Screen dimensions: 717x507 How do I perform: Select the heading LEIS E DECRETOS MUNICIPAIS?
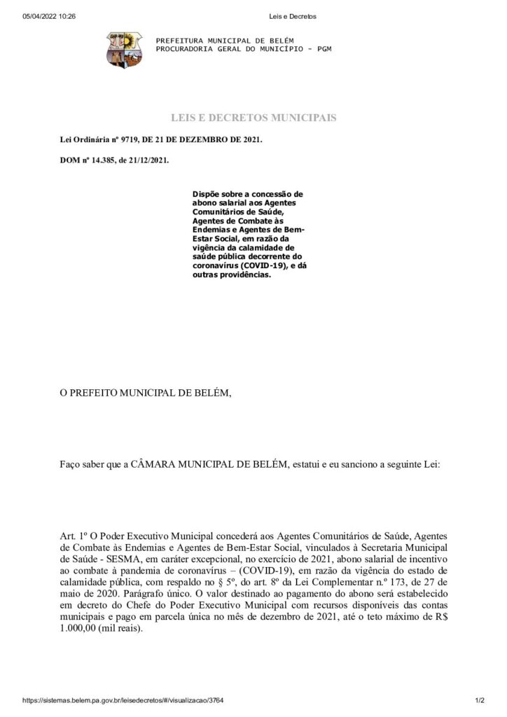point(253,118)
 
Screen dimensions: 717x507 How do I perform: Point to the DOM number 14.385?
point(97,160)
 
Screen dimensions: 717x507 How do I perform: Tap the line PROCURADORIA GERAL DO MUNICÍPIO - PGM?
point(243,50)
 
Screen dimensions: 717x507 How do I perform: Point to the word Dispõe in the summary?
point(205,193)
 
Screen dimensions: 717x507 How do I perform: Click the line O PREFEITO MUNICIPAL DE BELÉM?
point(145,392)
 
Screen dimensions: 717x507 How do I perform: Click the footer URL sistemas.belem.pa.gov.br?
point(123,700)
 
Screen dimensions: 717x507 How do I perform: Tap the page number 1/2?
point(480,700)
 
